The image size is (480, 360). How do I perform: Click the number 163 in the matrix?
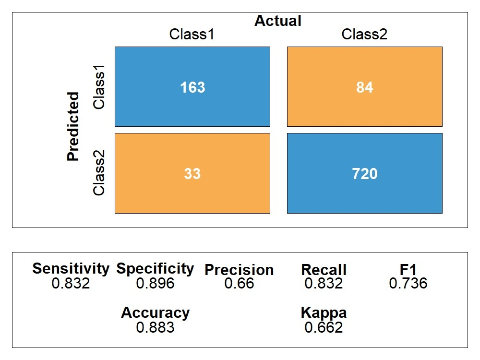pyautogui.click(x=192, y=87)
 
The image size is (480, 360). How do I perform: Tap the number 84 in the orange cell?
pyautogui.click(x=364, y=87)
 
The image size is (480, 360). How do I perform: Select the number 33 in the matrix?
pyautogui.click(x=192, y=173)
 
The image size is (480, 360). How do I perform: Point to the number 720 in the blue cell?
pyautogui.click(x=364, y=173)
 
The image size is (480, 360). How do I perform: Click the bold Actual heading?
pyautogui.click(x=278, y=21)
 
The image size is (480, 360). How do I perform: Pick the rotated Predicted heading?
pyautogui.click(x=73, y=127)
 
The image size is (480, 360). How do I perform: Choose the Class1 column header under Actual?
pyautogui.click(x=192, y=35)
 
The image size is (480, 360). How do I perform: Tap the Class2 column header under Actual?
pyautogui.click(x=364, y=35)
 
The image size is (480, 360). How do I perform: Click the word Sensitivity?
pyautogui.click(x=71, y=269)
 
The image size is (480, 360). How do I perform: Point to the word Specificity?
pyautogui.click(x=155, y=269)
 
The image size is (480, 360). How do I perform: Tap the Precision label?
pyautogui.click(x=239, y=270)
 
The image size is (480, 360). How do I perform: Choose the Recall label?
pyautogui.click(x=324, y=270)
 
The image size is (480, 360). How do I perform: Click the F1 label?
pyautogui.click(x=408, y=270)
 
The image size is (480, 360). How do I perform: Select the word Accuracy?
pyautogui.click(x=155, y=313)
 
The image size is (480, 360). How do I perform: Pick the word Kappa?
pyautogui.click(x=324, y=313)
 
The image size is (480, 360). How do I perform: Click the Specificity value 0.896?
pyautogui.click(x=155, y=284)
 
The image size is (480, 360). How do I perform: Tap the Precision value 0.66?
pyautogui.click(x=239, y=284)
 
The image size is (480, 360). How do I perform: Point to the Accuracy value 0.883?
pyautogui.click(x=155, y=328)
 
